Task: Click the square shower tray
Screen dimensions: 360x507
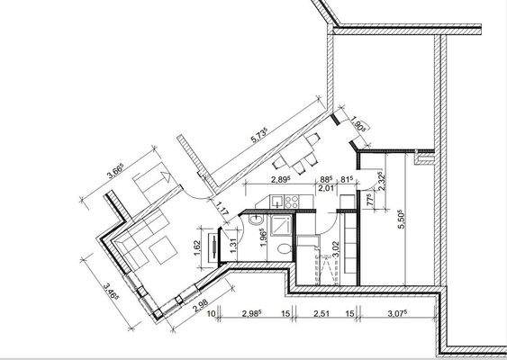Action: click(280, 221)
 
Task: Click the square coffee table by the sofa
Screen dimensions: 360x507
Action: click(163, 247)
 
